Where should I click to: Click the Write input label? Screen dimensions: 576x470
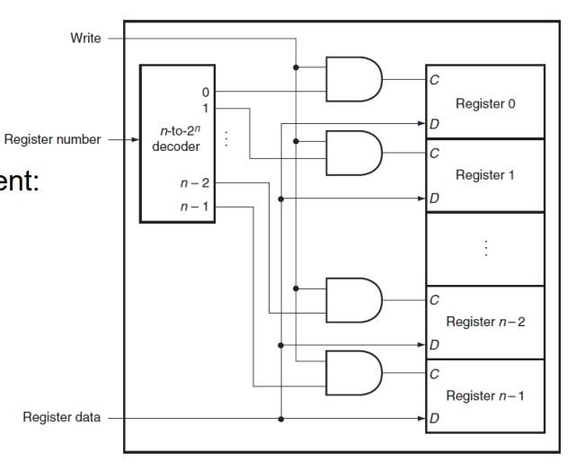click(85, 39)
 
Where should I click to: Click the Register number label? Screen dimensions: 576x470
click(52, 139)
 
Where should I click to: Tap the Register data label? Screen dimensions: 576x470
click(61, 417)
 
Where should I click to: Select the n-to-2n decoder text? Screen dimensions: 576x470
click(176, 139)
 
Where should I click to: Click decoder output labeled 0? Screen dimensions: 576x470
click(206, 92)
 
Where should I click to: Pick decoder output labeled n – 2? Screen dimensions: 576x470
click(195, 182)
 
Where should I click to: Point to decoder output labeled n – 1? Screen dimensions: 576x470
click(195, 207)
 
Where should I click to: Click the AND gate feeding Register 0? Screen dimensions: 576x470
click(354, 79)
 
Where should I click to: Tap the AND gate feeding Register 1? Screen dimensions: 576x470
click(354, 153)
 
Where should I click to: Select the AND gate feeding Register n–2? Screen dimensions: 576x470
click(354, 300)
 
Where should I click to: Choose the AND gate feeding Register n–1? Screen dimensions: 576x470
click(354, 373)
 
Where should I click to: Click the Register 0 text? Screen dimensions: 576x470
click(485, 103)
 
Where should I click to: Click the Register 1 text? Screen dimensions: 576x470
click(485, 175)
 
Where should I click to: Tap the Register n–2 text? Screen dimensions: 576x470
click(485, 322)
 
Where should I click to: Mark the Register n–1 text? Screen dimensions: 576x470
click(485, 395)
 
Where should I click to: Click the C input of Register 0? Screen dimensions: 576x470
click(434, 80)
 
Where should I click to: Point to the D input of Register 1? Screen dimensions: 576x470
click(434, 198)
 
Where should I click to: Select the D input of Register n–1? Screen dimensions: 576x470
click(434, 418)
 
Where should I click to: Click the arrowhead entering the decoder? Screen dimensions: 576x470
click(136, 139)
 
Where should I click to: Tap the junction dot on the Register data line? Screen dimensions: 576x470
click(281, 419)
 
